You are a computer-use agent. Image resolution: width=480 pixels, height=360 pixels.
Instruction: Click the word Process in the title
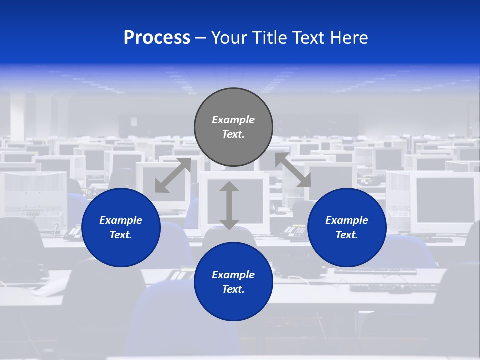pyautogui.click(x=157, y=38)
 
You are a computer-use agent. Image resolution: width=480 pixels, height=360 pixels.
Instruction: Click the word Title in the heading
pyautogui.click(x=268, y=38)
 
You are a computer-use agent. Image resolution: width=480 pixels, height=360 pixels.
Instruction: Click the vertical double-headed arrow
pyautogui.click(x=229, y=206)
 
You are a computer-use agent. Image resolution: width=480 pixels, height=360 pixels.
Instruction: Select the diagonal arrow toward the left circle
pyautogui.click(x=173, y=175)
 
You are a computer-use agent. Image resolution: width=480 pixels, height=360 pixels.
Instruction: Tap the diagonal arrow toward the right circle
pyautogui.click(x=293, y=170)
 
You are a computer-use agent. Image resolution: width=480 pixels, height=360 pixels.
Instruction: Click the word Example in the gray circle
pyautogui.click(x=233, y=120)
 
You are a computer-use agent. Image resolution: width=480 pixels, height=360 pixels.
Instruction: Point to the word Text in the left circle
pyautogui.click(x=120, y=235)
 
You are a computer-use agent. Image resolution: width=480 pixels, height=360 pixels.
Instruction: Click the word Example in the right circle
pyautogui.click(x=347, y=220)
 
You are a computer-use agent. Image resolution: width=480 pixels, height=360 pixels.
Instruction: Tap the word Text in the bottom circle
pyautogui.click(x=233, y=289)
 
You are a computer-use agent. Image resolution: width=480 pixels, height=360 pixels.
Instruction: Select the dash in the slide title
pyautogui.click(x=200, y=38)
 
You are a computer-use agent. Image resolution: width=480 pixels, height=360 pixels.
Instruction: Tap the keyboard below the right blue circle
pyautogui.click(x=375, y=272)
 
